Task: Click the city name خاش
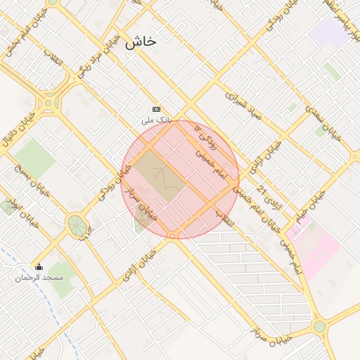[x=141, y=42]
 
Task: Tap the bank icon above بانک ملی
[x=156, y=109]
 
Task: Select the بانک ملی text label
[x=156, y=120]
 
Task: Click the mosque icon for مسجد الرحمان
[x=39, y=267]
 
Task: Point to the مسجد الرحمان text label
[x=39, y=278]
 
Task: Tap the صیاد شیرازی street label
[x=243, y=105]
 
